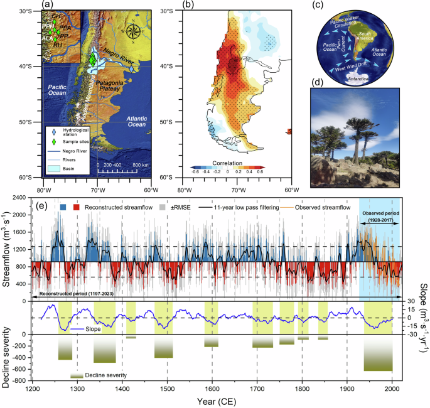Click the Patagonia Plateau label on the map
coord(117,81)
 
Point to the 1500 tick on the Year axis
coord(167,389)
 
